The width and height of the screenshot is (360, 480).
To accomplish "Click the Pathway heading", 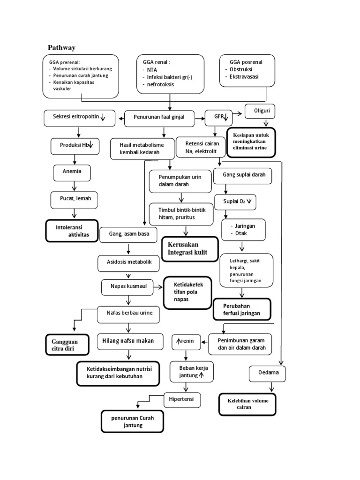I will point(62,48).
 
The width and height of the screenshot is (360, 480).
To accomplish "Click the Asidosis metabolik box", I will point(128,263).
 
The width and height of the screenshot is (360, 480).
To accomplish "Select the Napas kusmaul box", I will point(127,286).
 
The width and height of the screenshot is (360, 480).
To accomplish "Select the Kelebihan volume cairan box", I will point(247,404).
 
